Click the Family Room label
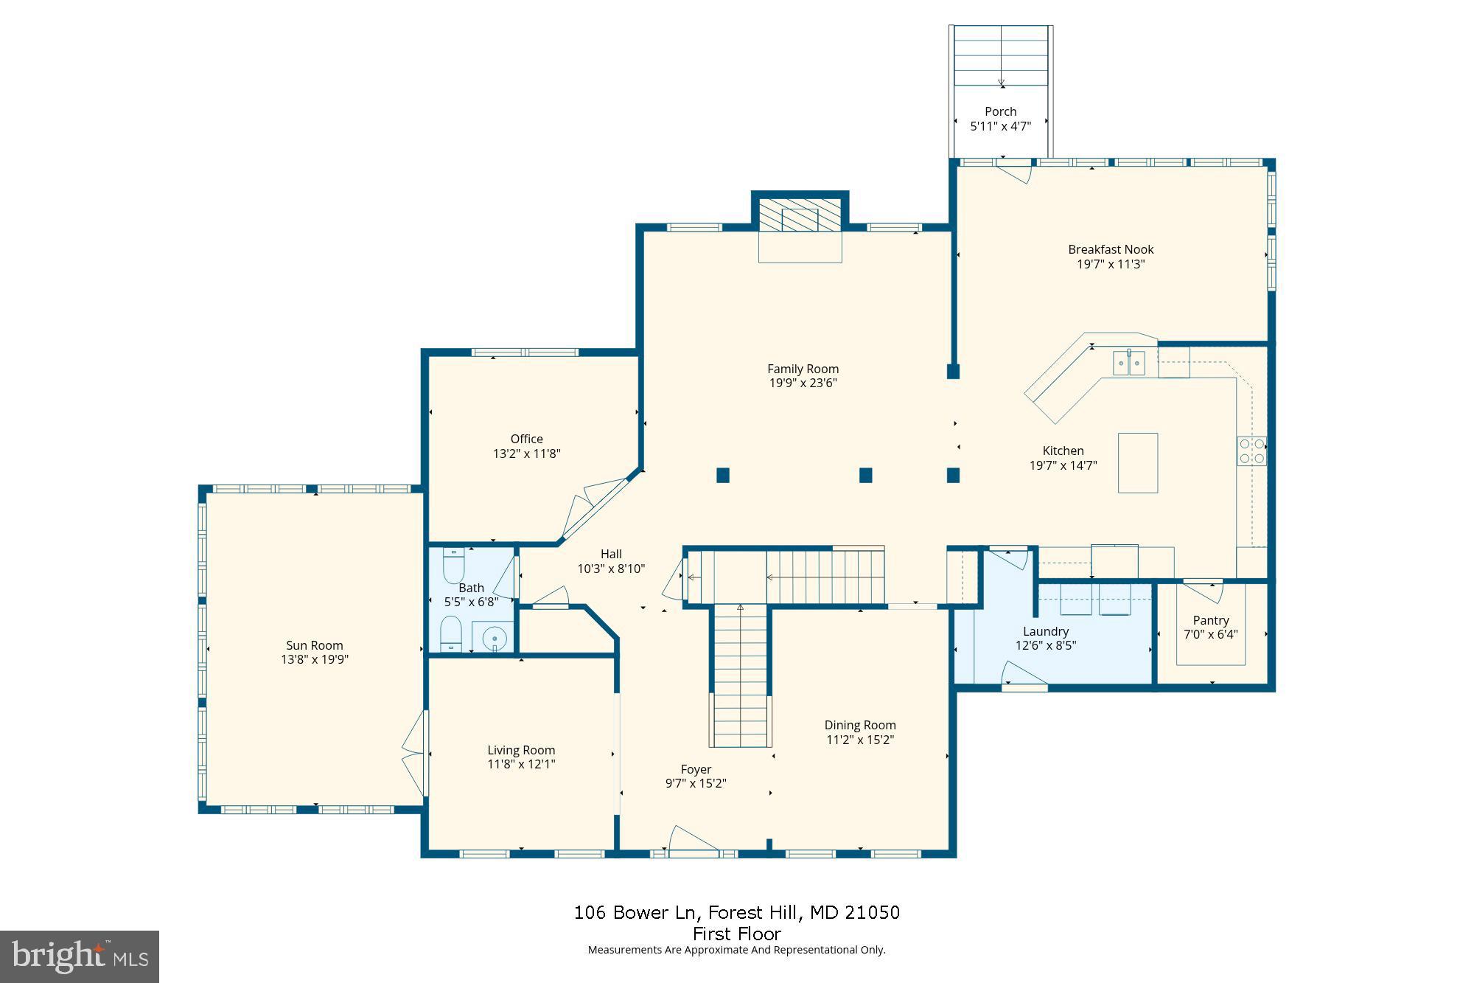tap(803, 369)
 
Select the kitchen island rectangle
tap(1137, 462)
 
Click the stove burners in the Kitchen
tap(1251, 451)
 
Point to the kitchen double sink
tap(1128, 363)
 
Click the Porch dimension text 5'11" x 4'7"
tap(1000, 126)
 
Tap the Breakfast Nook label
tap(1111, 249)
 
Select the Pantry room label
tap(1211, 620)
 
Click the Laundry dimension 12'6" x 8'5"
tap(1045, 645)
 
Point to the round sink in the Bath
tap(495, 637)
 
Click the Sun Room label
tap(315, 645)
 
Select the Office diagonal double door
tap(594, 509)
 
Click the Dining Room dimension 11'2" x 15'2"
tap(860, 740)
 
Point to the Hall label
tap(611, 554)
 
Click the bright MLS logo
tap(80, 956)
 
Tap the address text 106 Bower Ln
tap(635, 912)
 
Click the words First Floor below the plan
tap(736, 934)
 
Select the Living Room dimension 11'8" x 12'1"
tap(521, 764)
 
